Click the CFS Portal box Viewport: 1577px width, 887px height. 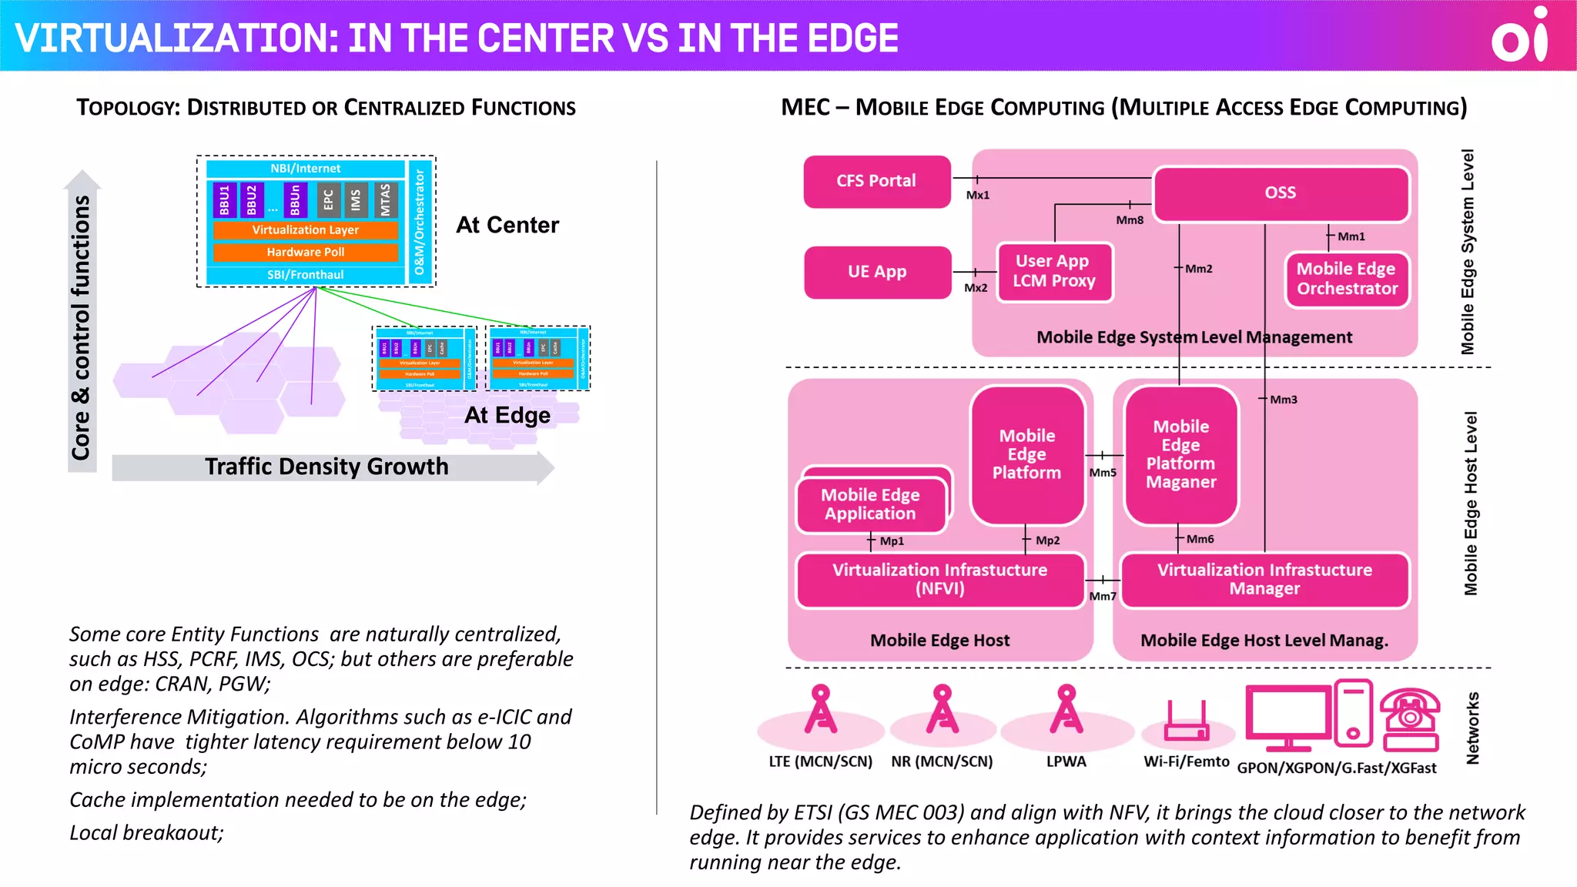876,181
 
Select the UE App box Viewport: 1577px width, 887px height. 877,272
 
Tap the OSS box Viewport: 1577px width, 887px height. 1280,192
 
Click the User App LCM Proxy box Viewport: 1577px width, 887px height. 1054,272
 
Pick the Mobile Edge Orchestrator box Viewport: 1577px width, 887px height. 1347,279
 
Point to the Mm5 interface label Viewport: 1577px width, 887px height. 1102,473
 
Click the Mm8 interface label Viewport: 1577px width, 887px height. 1130,220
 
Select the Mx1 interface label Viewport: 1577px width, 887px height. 978,196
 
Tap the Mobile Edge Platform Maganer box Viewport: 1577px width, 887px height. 1180,454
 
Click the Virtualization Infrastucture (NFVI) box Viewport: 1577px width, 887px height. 939,580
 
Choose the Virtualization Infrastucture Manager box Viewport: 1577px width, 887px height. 1264,580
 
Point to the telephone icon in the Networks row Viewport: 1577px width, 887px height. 1409,720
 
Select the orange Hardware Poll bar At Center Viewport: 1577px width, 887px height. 306,253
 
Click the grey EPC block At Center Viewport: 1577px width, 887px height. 329,199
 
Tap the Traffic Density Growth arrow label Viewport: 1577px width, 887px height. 326,467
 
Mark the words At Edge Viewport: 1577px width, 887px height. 507,416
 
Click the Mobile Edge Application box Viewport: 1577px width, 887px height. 870,505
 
